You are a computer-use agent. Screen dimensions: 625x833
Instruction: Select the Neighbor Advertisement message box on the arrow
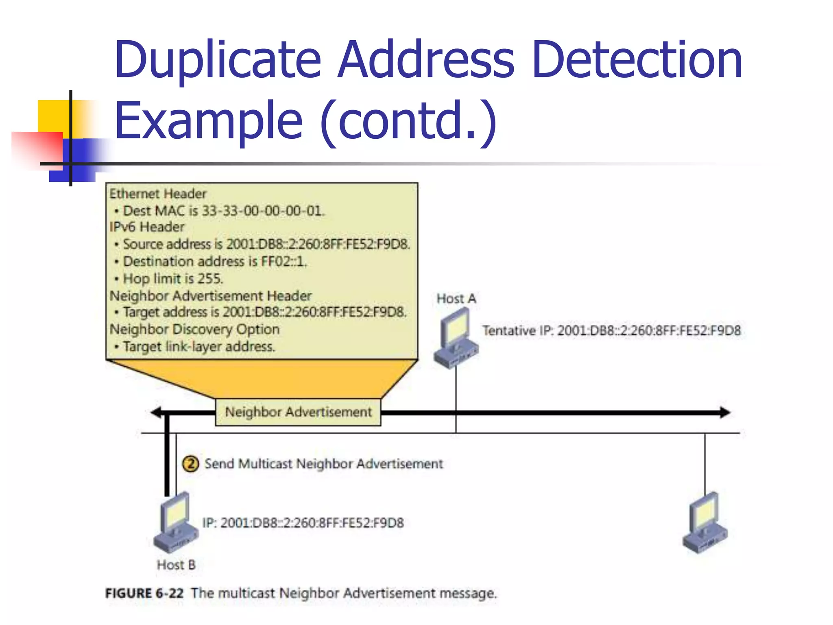pyautogui.click(x=298, y=412)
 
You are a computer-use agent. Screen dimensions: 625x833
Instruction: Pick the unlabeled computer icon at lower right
pyautogui.click(x=705, y=523)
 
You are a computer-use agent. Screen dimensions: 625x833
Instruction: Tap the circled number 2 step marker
pyautogui.click(x=190, y=464)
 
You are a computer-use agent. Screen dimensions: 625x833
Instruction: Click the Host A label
pyautogui.click(x=456, y=299)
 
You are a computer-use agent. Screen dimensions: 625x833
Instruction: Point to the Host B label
pyautogui.click(x=176, y=565)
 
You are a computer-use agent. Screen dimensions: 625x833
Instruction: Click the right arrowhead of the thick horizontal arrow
pyautogui.click(x=725, y=413)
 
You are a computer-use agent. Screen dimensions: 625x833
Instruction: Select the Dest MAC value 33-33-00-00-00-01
pyautogui.click(x=263, y=211)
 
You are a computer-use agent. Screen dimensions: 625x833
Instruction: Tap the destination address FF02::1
pyautogui.click(x=283, y=261)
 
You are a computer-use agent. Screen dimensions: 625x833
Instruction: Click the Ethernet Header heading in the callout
pyautogui.click(x=158, y=194)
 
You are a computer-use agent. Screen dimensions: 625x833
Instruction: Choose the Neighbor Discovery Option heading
pyautogui.click(x=194, y=329)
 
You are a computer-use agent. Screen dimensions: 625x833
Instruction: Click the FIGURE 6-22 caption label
pyautogui.click(x=144, y=593)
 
